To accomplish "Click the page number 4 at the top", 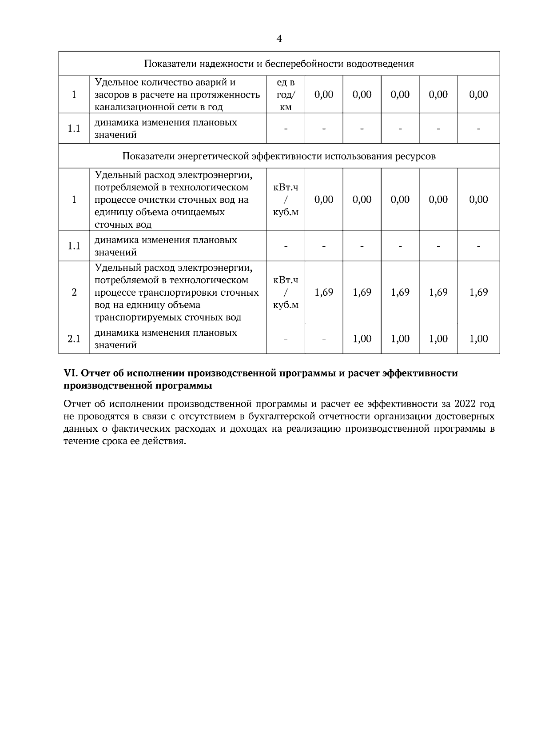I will [279, 39].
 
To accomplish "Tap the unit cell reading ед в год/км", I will [286, 94].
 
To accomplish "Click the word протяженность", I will [231, 94].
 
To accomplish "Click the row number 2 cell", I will [74, 292].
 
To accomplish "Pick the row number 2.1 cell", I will [74, 339].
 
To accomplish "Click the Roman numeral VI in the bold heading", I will [71, 373].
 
